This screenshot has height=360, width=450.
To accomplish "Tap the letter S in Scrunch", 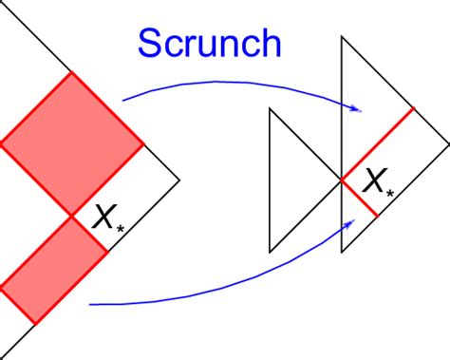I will tap(151, 44).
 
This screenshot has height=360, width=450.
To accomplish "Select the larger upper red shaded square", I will tap(71, 144).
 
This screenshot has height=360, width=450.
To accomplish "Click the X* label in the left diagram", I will tap(106, 220).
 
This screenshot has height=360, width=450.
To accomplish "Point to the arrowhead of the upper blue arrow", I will tap(358, 109).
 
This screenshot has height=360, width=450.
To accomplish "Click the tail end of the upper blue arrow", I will tap(123, 99).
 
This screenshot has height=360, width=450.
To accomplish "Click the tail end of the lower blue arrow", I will tap(89, 305).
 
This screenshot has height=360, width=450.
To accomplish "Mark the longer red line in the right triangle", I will tap(377, 143).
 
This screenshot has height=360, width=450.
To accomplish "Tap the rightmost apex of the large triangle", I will tap(448, 143).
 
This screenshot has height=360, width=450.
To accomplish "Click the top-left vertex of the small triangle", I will tap(271, 108).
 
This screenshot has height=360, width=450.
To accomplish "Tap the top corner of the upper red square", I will tap(71, 72).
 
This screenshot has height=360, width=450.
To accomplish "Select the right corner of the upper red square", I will tap(143, 144).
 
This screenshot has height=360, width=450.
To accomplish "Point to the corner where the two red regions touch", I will tap(72, 217).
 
